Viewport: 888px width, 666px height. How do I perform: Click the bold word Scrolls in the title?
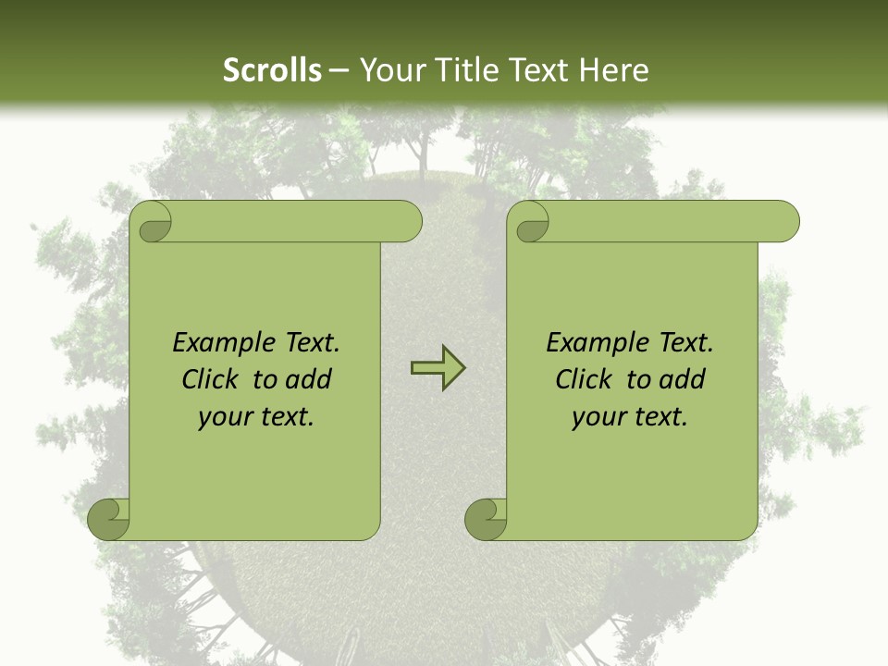(x=273, y=70)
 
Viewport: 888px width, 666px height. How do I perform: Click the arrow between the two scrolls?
(x=438, y=368)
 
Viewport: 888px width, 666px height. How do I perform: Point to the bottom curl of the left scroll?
(x=110, y=518)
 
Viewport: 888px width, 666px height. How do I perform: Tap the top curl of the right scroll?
(x=531, y=223)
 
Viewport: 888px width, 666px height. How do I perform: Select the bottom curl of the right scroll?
(x=487, y=518)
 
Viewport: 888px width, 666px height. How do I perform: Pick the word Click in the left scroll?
(x=209, y=380)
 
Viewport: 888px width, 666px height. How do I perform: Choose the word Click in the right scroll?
(x=583, y=380)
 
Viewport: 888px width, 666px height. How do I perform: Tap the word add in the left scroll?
(x=309, y=380)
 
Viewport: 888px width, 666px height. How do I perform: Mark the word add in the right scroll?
(x=683, y=380)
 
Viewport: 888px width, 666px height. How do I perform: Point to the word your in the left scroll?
(x=223, y=418)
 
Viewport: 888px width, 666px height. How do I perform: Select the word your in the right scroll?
(x=597, y=418)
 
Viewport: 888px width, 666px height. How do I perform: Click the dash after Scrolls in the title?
(x=339, y=71)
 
